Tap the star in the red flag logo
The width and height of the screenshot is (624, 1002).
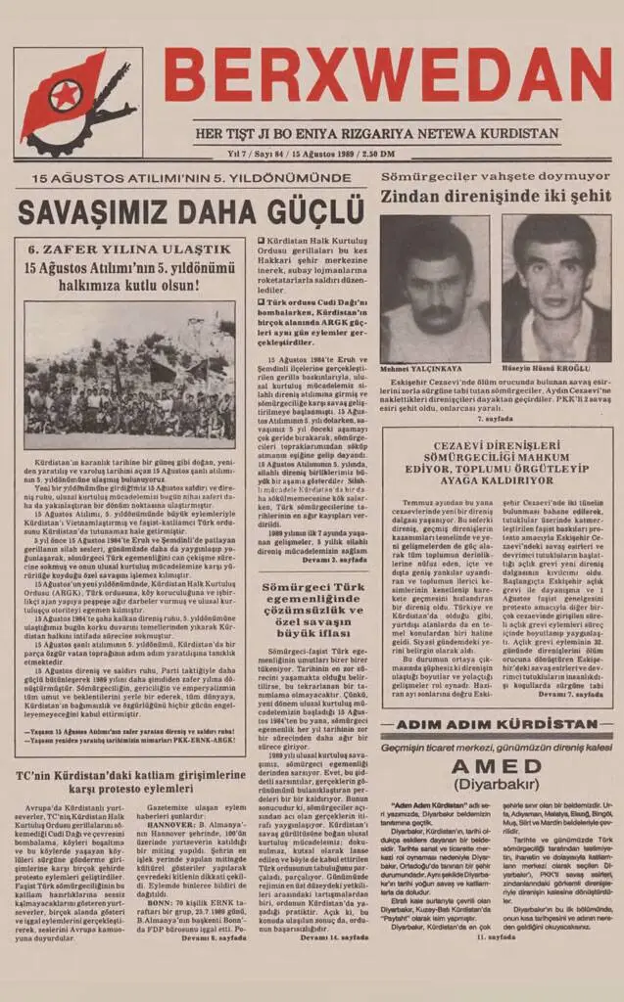[65, 96]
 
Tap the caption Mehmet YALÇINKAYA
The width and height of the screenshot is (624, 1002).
[417, 370]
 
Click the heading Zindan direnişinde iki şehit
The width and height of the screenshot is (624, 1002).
[496, 196]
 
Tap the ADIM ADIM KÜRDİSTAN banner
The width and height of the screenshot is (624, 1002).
[497, 724]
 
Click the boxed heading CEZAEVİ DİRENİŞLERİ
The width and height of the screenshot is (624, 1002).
[497, 446]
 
